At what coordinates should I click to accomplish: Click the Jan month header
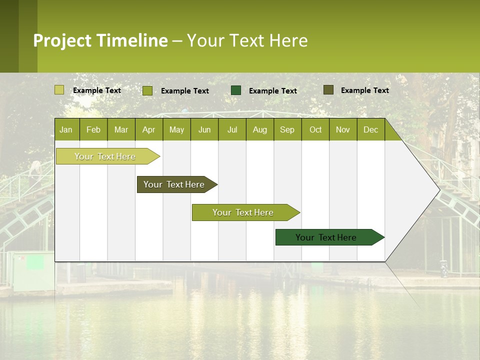coord(66,129)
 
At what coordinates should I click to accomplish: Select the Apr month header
coord(148,129)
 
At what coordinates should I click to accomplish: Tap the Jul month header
coord(232,129)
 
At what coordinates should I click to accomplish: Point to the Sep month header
coord(287,129)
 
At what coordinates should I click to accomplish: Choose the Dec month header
coord(370,129)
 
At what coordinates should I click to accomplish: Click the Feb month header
coord(93,129)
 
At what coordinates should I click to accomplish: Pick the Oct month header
coord(315,129)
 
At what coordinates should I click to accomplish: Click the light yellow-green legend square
coord(59,90)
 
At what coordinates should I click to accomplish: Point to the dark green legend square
coord(236,90)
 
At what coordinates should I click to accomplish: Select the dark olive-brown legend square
coord(328,90)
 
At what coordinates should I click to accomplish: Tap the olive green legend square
coord(147,90)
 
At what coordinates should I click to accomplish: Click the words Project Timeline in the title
coord(100,40)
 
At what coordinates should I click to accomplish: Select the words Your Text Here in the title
coord(247,40)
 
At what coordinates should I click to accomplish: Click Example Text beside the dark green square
coord(272,91)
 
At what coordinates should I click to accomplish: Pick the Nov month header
coord(343,129)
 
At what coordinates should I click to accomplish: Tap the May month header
coord(176,129)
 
